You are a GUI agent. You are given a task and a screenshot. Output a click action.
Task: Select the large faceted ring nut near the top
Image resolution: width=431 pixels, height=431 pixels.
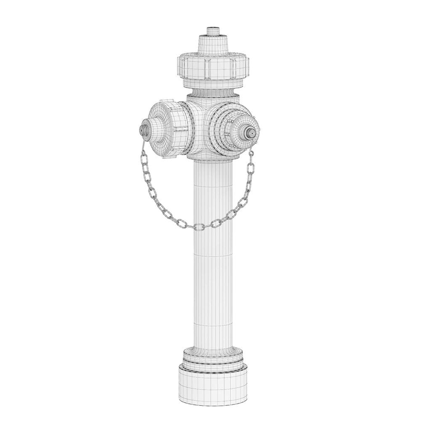click(214, 67)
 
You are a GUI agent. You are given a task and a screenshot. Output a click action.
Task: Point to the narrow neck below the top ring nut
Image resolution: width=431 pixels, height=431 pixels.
click(214, 91)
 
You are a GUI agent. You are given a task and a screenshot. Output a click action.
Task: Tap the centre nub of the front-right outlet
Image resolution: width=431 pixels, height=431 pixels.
click(251, 132)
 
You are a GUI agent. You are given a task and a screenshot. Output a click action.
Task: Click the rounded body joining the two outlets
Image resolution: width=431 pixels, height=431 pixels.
click(202, 126)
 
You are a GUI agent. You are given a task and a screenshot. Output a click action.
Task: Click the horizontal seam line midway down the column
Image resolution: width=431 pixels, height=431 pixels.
click(214, 255)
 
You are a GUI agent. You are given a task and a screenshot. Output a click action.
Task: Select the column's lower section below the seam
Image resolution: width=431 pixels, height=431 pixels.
click(214, 303)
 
